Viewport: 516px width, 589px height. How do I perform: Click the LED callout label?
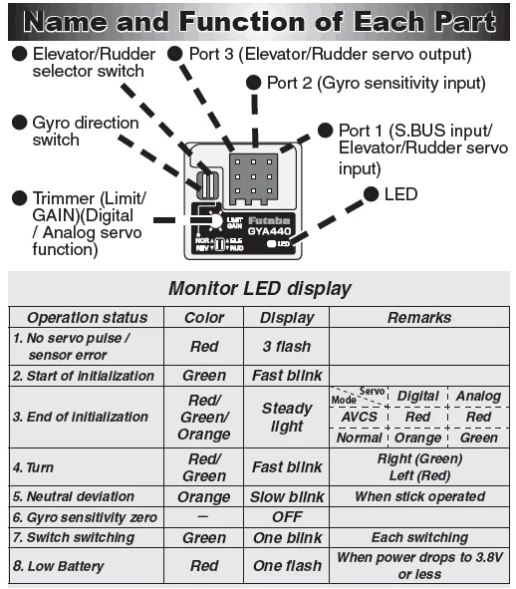tap(400, 194)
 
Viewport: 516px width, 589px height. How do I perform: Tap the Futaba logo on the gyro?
tap(269, 220)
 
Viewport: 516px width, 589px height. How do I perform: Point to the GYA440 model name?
tap(269, 231)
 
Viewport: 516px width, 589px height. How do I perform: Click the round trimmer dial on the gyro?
tap(215, 221)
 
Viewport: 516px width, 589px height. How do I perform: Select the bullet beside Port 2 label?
tap(254, 83)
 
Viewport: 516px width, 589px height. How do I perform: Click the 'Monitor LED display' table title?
tap(260, 288)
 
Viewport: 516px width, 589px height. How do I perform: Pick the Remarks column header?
tap(419, 318)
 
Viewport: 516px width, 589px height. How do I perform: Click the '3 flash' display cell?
tap(287, 347)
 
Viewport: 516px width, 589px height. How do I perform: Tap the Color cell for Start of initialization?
tap(204, 376)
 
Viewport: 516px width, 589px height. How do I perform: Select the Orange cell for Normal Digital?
tap(418, 438)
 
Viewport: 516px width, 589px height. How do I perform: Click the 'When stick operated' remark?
tap(419, 496)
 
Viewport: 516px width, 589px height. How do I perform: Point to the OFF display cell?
tap(287, 517)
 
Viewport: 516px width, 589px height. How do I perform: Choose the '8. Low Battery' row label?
tap(58, 566)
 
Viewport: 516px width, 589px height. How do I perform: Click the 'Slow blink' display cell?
tap(287, 497)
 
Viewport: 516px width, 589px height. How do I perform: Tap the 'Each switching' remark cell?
tap(419, 537)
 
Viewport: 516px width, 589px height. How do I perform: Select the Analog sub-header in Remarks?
tap(478, 397)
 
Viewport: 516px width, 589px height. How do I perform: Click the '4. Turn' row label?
tap(33, 467)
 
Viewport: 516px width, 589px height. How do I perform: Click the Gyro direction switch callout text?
tap(86, 132)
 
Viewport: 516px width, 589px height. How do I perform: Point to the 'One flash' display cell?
tap(287, 566)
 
